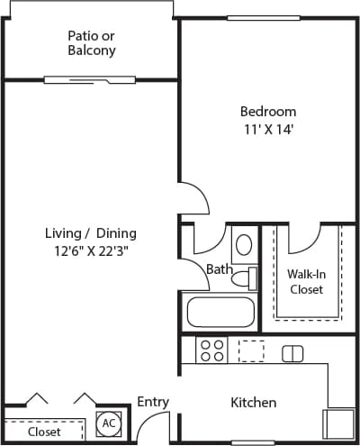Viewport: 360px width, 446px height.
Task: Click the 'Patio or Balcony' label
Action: tap(92, 43)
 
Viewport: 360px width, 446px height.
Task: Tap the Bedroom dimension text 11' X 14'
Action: tap(267, 129)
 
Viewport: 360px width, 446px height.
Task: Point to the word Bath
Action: tap(219, 269)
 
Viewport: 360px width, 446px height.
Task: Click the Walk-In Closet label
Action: tap(306, 281)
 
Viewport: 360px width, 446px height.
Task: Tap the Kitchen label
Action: tap(253, 403)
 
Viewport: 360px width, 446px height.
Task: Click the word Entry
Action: tap(153, 403)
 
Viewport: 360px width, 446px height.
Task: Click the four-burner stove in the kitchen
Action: tap(211, 350)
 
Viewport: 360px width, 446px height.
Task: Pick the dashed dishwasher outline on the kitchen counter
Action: tap(251, 350)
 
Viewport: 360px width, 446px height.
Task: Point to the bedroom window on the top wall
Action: tap(264, 18)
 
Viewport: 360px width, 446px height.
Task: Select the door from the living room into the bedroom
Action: tap(193, 200)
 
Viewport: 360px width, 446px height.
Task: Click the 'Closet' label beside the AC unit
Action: tap(43, 432)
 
